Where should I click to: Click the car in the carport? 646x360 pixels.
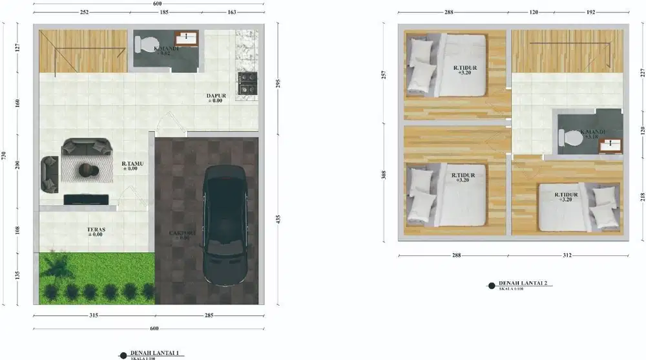point(224,226)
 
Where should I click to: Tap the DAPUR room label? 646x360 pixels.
point(214,97)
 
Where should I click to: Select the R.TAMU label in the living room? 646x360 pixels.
point(130,166)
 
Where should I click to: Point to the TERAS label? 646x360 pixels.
point(96,231)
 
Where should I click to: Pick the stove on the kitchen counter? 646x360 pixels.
point(247,84)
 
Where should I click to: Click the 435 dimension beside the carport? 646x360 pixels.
point(278,219)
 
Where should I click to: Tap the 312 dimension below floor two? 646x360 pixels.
point(567,255)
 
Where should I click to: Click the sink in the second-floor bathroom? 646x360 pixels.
point(610,146)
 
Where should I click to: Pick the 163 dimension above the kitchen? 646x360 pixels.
point(232,12)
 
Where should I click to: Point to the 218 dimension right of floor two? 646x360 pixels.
point(642,196)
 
